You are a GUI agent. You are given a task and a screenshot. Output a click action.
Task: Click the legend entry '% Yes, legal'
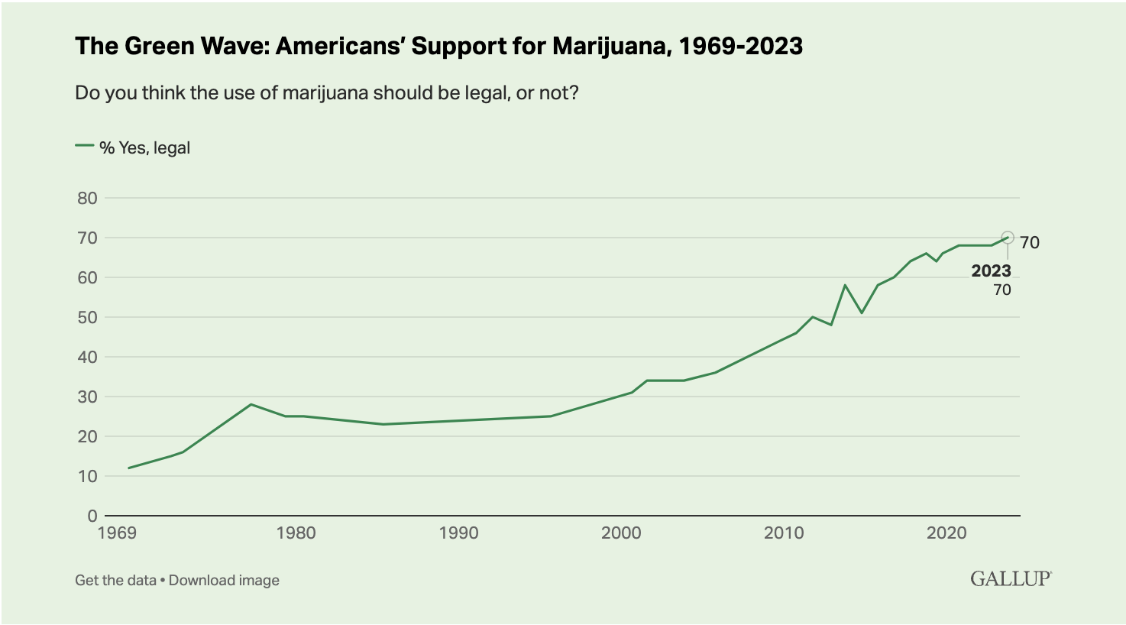point(144,147)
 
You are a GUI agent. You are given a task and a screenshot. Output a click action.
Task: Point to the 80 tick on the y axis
point(88,198)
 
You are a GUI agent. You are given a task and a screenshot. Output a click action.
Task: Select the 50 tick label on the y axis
point(88,317)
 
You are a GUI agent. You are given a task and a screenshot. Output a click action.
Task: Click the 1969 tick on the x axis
point(117,533)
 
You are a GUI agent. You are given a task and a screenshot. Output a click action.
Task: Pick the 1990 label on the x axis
point(458,533)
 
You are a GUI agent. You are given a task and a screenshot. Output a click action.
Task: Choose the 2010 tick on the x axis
point(784,533)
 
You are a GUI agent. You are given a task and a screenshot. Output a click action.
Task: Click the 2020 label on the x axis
point(946,533)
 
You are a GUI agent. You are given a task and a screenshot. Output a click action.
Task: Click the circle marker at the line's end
point(1008,238)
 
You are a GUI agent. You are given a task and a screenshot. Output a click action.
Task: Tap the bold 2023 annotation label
point(991,271)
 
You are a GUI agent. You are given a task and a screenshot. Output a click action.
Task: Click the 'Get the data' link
point(115,580)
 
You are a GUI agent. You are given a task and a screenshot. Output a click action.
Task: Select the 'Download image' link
point(224,580)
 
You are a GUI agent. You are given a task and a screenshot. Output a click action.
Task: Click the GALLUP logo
point(1011,578)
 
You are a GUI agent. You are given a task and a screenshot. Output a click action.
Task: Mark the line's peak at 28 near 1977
point(251,404)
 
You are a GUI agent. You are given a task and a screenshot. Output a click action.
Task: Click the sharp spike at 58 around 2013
point(845,285)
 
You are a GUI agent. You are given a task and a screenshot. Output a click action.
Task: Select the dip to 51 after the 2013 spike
point(862,312)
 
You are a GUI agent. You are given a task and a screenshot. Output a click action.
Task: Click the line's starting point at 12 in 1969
point(128,468)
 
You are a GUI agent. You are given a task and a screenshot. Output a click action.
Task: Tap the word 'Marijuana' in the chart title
point(610,47)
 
